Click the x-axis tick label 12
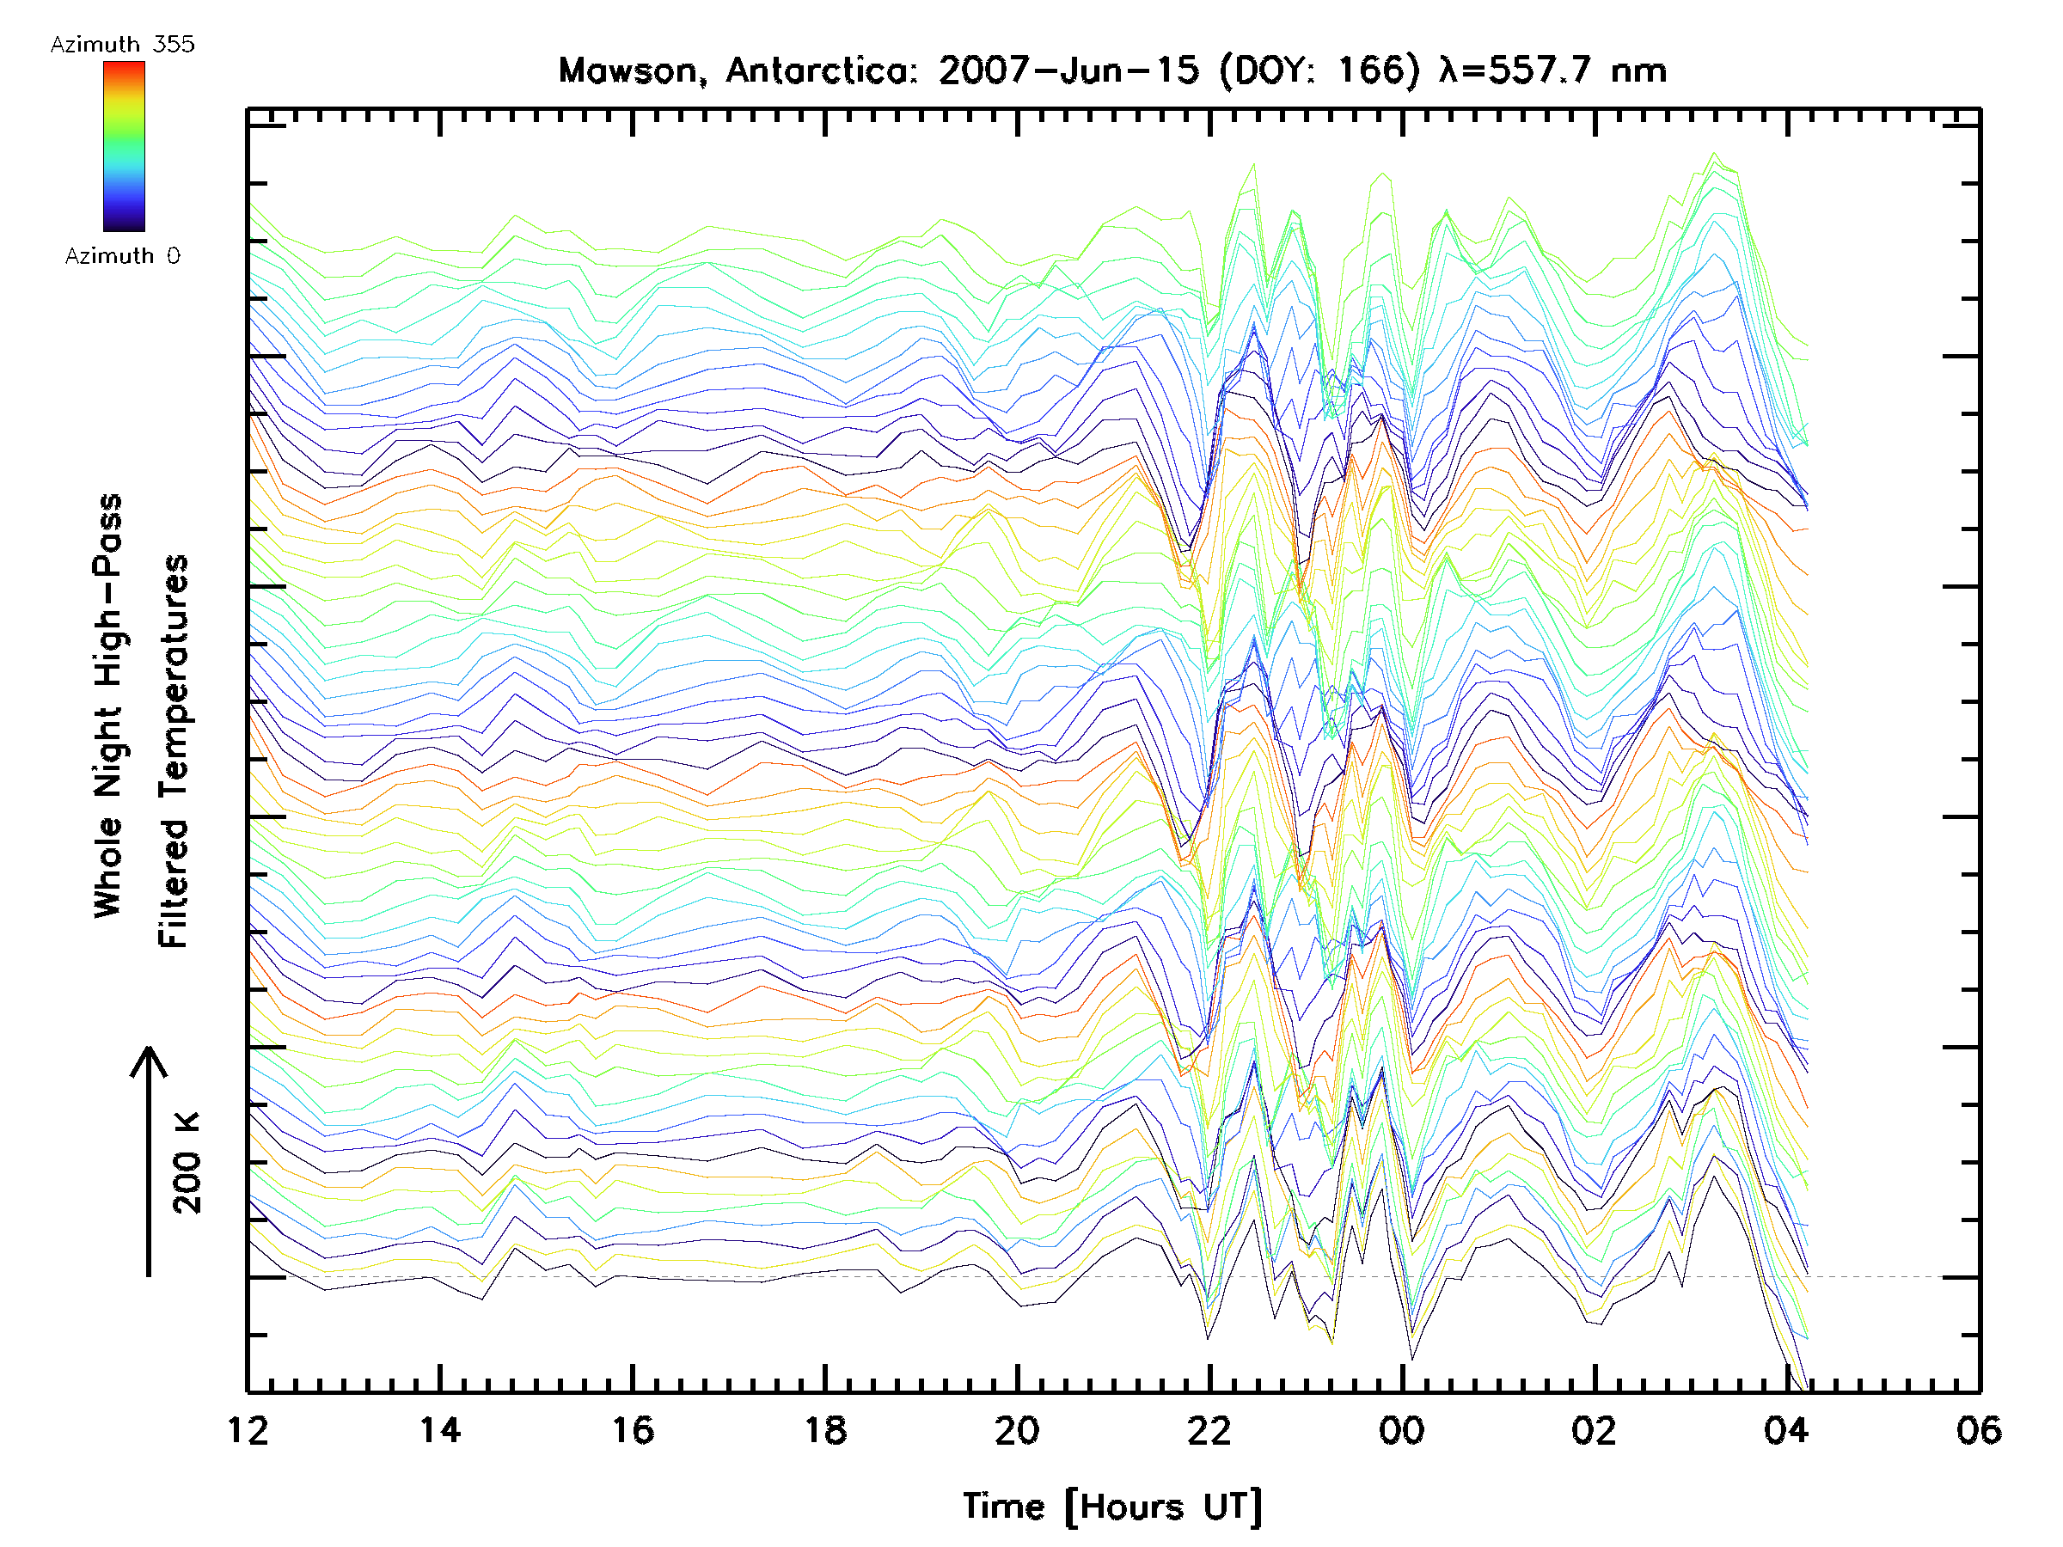click(248, 1430)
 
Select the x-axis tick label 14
click(439, 1430)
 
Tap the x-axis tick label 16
click(633, 1430)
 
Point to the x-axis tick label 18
click(825, 1430)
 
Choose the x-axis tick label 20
click(1017, 1430)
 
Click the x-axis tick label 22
click(1209, 1430)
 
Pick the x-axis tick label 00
click(1402, 1430)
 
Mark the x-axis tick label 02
click(1594, 1430)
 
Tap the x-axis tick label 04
click(1786, 1430)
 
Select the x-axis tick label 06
click(1979, 1430)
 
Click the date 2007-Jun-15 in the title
click(1068, 70)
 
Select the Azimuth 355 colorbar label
click(122, 44)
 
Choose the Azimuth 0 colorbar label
click(122, 255)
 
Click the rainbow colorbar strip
click(124, 146)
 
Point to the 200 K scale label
click(187, 1163)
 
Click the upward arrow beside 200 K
click(149, 1160)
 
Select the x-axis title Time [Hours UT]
click(1112, 1507)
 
